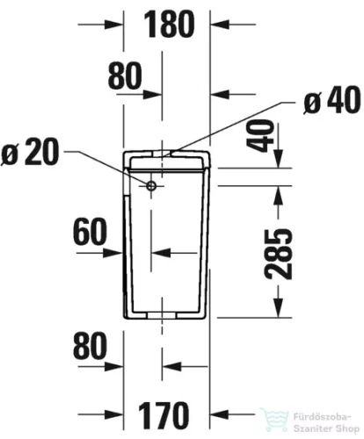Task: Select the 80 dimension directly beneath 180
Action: [125, 77]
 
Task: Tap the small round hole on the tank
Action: [151, 186]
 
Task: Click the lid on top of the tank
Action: [167, 158]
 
